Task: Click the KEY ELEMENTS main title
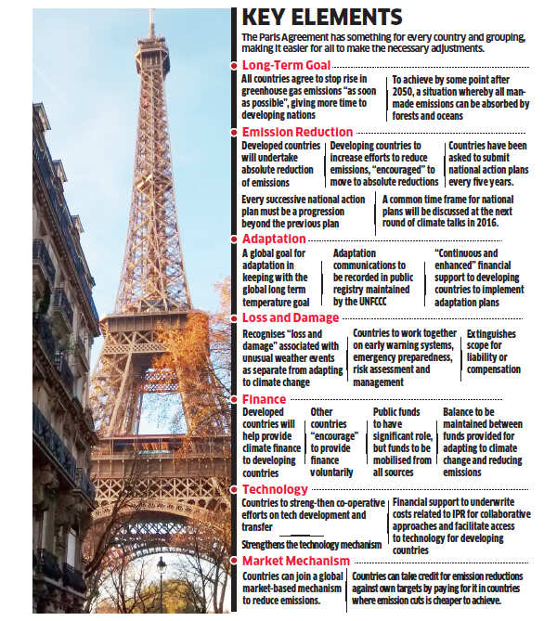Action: (321, 17)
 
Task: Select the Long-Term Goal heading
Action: (287, 65)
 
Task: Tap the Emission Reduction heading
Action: (303, 133)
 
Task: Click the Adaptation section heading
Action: (276, 239)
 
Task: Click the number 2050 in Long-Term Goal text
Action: (407, 93)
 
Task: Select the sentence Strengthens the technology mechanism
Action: (311, 544)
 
